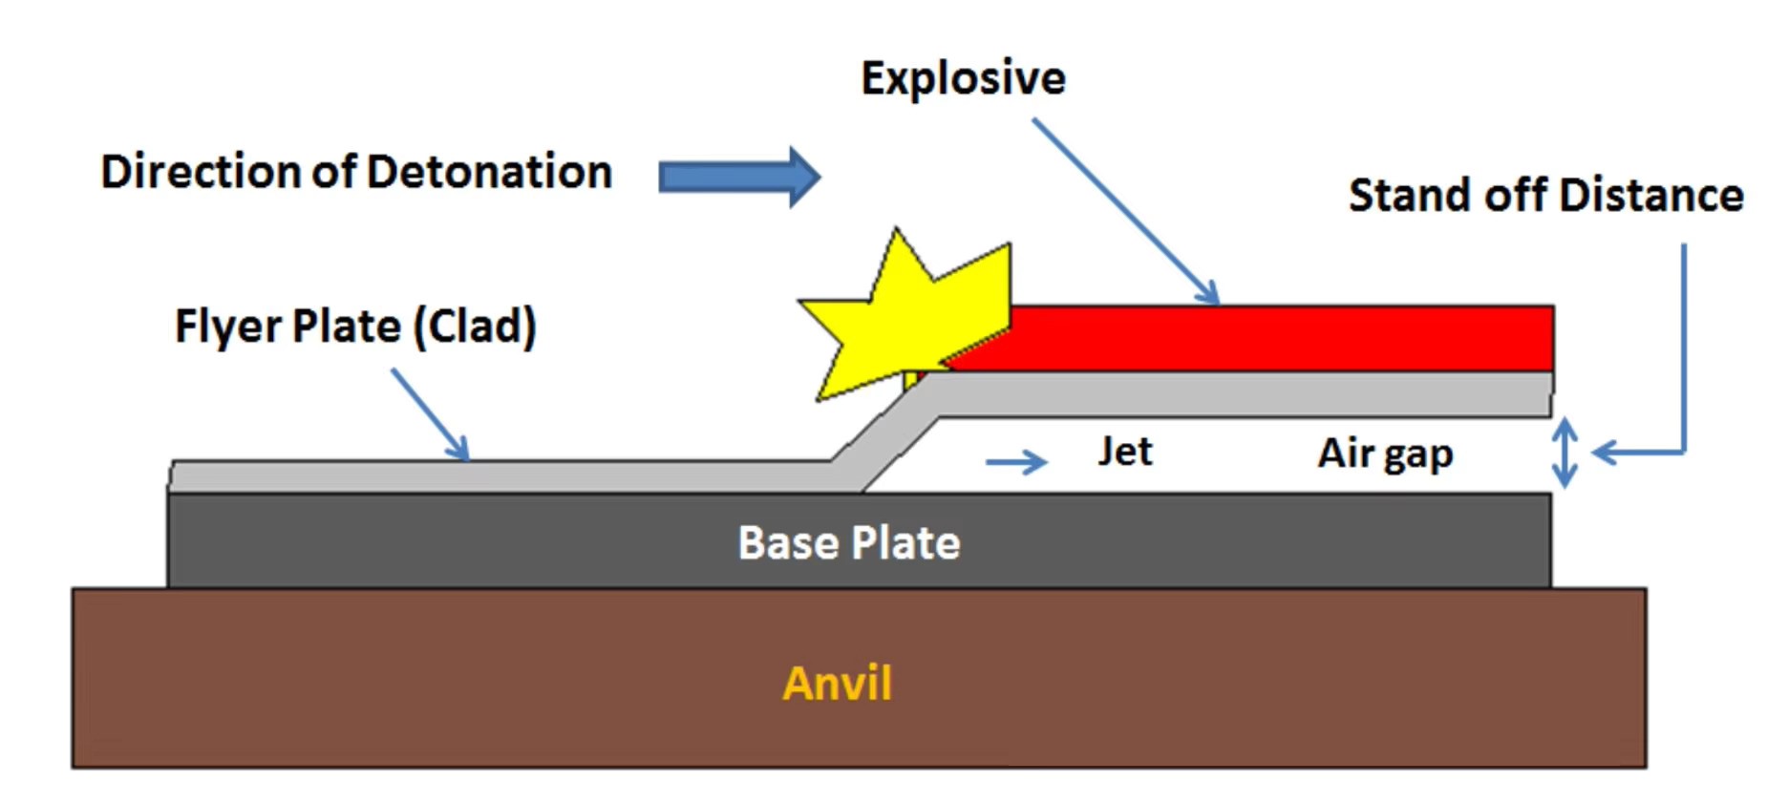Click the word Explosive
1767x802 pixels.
963,78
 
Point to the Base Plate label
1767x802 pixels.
848,543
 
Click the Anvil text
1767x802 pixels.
837,684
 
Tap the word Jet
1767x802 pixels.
1124,452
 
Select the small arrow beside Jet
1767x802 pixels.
1016,463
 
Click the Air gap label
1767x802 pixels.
1385,454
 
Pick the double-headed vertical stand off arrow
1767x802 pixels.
1564,454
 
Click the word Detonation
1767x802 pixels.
489,173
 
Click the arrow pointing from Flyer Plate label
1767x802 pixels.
430,414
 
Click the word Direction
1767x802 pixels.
202,173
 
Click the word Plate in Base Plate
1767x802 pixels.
905,543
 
